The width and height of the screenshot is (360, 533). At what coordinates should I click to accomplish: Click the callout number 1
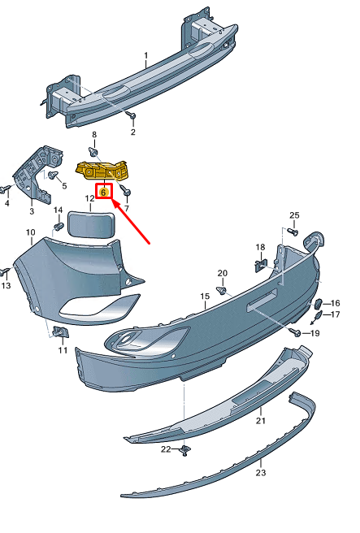tap(145, 56)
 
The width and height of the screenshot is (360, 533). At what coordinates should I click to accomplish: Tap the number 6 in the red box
tap(103, 193)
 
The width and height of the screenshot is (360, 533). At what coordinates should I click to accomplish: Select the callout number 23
tap(261, 472)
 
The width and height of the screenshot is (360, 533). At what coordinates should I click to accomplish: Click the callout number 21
tap(261, 421)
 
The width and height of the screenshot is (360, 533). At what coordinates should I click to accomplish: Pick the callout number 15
tap(207, 298)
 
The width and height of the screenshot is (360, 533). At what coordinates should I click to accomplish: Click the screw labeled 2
tap(132, 117)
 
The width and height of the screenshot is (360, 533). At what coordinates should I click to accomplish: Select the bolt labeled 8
tap(94, 151)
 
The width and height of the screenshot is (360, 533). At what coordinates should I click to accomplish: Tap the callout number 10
tap(31, 233)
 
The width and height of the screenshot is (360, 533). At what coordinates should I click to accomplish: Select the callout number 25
tap(295, 215)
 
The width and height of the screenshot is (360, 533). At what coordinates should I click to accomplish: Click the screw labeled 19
tap(297, 332)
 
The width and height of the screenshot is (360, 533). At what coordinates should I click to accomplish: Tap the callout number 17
tap(336, 314)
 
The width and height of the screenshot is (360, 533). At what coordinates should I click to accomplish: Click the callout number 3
tap(32, 211)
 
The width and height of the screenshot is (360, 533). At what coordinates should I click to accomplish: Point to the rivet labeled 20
tap(223, 288)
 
